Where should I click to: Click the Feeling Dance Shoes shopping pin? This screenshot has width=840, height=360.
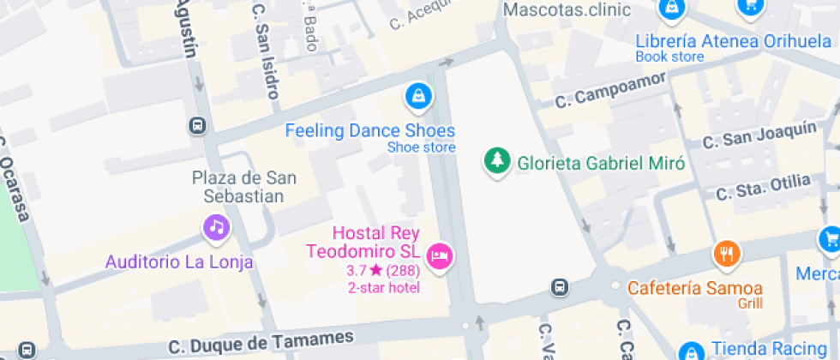pyautogui.click(x=417, y=96)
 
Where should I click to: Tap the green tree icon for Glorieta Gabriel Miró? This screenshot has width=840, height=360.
pyautogui.click(x=495, y=161)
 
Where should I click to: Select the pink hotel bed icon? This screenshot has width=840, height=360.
pyautogui.click(x=439, y=255)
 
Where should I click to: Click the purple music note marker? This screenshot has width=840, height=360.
pyautogui.click(x=216, y=228)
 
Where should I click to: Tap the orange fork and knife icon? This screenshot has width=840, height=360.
pyautogui.click(x=727, y=254)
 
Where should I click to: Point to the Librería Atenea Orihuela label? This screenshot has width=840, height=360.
pyautogui.click(x=734, y=41)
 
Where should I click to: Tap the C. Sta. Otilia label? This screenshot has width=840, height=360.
pyautogui.click(x=763, y=186)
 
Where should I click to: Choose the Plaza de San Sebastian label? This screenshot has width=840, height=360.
pyautogui.click(x=244, y=187)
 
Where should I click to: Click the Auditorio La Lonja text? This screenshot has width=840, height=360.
pyautogui.click(x=179, y=262)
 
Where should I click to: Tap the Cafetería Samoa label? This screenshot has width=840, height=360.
pyautogui.click(x=695, y=287)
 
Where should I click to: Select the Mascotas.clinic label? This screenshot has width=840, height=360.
pyautogui.click(x=567, y=10)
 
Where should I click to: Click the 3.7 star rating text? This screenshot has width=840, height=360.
pyautogui.click(x=382, y=271)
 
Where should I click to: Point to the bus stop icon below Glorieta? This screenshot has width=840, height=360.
pyautogui.click(x=560, y=286)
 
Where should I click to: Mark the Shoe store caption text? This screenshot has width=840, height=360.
pyautogui.click(x=421, y=147)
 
